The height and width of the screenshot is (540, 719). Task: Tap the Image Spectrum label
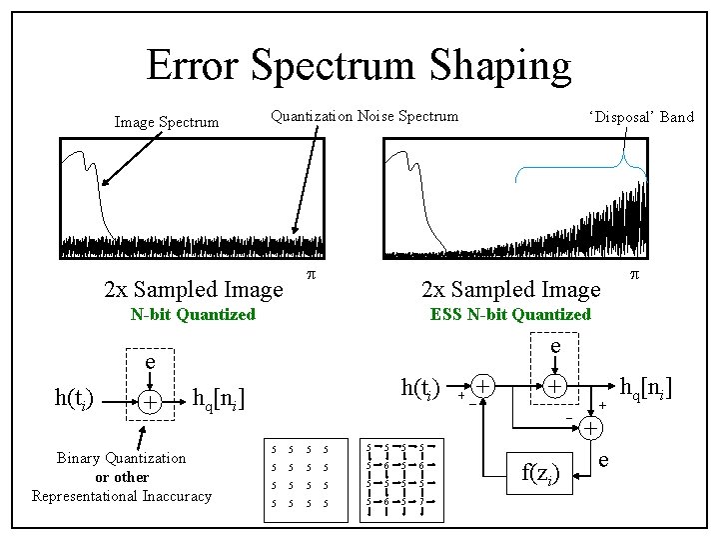click(x=167, y=122)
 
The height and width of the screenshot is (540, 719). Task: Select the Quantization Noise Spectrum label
click(x=364, y=116)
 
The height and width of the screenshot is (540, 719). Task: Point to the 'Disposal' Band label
click(x=641, y=117)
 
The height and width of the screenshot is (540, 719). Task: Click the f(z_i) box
click(x=540, y=474)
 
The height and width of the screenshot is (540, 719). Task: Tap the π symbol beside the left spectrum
click(x=311, y=274)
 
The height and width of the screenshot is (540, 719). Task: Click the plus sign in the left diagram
click(x=148, y=401)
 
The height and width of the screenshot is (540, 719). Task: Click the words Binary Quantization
click(x=121, y=458)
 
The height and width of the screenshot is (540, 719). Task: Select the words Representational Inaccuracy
click(x=121, y=496)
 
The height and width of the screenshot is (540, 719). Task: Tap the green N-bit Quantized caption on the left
click(x=194, y=314)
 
